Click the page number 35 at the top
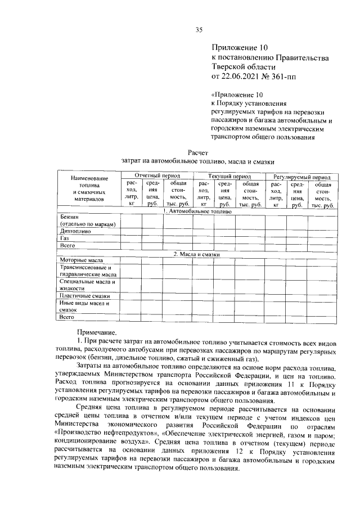199,30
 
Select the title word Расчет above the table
199,152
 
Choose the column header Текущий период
226,177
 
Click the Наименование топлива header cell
88,188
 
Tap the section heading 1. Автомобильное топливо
197,212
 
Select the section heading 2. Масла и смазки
197,254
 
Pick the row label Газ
64,238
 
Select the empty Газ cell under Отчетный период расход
130,238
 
